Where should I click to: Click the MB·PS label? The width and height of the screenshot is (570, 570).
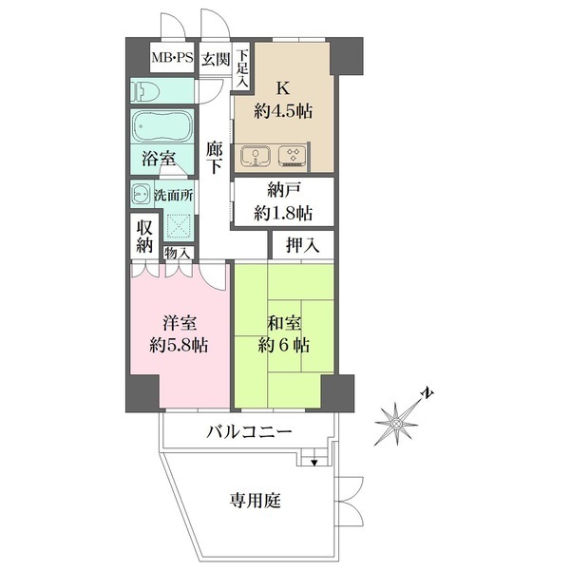[x=172, y=57]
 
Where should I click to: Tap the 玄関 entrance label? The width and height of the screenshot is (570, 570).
[x=216, y=59]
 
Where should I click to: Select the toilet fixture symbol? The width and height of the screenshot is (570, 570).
[x=146, y=91]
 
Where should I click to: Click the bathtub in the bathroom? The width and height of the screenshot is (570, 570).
[x=162, y=126]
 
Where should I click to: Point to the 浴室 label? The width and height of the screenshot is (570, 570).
[x=159, y=159]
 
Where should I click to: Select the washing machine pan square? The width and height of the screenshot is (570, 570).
[x=179, y=226]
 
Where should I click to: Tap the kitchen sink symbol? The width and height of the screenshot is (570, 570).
[x=256, y=157]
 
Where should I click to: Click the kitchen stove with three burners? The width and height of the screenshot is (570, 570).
[x=293, y=156]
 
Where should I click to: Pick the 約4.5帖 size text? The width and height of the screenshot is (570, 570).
[x=283, y=111]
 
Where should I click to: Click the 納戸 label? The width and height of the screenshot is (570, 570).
[x=284, y=191]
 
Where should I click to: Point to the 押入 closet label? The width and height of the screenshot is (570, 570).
[x=302, y=245]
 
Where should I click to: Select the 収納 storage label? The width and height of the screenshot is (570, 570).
[x=144, y=237]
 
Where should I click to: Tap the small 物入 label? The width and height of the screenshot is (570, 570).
[x=177, y=253]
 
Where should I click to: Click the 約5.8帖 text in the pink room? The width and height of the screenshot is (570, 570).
[x=179, y=346]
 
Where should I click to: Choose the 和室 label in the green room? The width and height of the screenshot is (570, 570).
[x=284, y=322]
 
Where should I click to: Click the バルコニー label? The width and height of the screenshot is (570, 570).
[x=249, y=432]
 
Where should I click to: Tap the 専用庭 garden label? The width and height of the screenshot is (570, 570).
[x=256, y=501]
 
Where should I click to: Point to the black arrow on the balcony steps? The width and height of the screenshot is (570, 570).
[x=314, y=463]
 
